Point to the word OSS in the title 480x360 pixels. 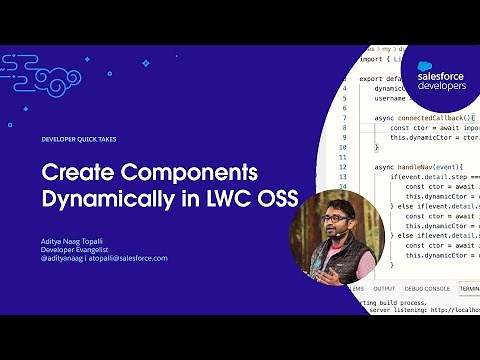point(277,197)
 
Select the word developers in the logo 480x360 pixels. point(443,87)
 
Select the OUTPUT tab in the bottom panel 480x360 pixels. point(384,289)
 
